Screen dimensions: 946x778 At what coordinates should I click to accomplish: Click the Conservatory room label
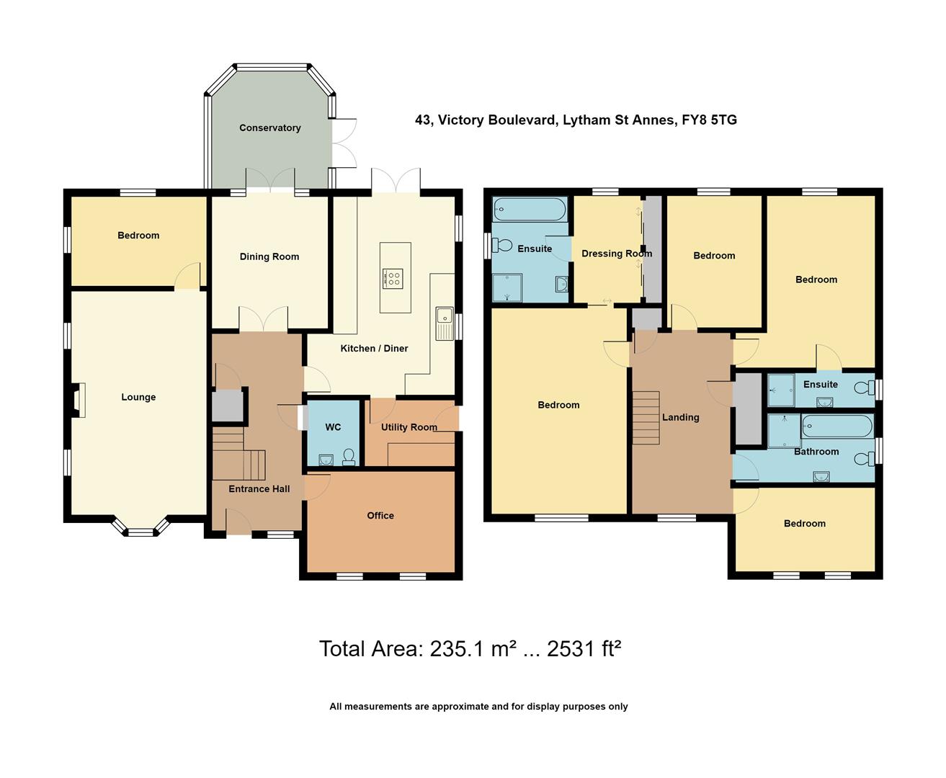pyautogui.click(x=269, y=128)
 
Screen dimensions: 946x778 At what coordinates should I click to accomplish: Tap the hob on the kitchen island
pyautogui.click(x=393, y=279)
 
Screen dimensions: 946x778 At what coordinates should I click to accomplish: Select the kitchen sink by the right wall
pyautogui.click(x=445, y=323)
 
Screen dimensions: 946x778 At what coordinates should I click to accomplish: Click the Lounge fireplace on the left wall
pyautogui.click(x=77, y=400)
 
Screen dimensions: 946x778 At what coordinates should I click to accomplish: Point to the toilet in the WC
pyautogui.click(x=349, y=457)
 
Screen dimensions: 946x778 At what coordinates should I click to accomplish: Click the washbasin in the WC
pyautogui.click(x=326, y=460)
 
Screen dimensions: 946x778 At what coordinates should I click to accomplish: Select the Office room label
pyautogui.click(x=380, y=516)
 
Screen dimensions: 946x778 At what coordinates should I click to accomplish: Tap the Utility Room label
pyautogui.click(x=409, y=427)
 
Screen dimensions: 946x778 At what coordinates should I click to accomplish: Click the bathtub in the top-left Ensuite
pyautogui.click(x=530, y=210)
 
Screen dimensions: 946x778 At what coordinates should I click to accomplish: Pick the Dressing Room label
pyautogui.click(x=617, y=254)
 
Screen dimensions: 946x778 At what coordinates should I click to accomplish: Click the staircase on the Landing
pyautogui.click(x=646, y=418)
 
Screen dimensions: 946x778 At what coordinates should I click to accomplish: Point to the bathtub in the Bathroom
pyautogui.click(x=837, y=426)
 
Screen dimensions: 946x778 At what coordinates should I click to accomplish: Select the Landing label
pyautogui.click(x=680, y=418)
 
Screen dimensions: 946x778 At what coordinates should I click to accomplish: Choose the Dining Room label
pyautogui.click(x=269, y=257)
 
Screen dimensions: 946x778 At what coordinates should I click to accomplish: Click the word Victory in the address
pyautogui.click(x=458, y=120)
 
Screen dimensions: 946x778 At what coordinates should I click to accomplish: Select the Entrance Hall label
pyautogui.click(x=259, y=489)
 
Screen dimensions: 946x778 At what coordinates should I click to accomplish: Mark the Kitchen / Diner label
pyautogui.click(x=374, y=349)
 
